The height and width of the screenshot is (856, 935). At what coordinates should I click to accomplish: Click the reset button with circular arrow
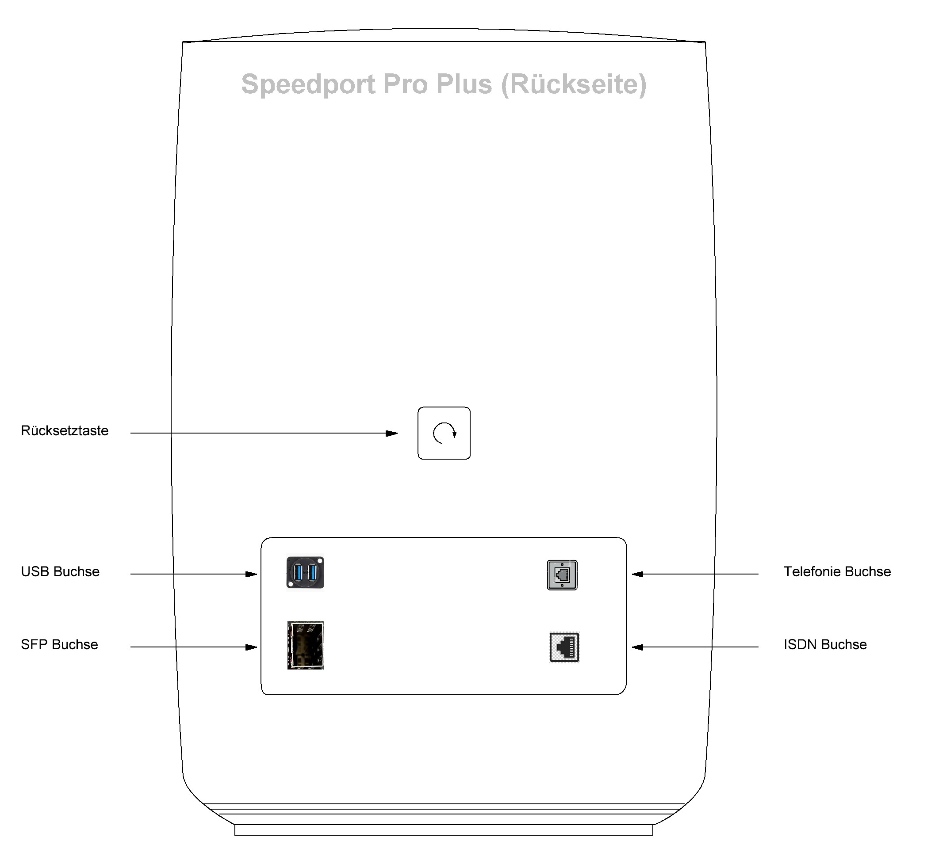click(444, 433)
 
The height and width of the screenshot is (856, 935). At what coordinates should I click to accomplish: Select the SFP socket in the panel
click(305, 645)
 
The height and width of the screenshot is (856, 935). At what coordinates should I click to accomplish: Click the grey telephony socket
click(562, 574)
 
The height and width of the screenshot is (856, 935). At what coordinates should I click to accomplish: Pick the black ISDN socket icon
click(564, 647)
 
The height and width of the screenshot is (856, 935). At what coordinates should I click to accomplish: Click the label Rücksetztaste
click(65, 430)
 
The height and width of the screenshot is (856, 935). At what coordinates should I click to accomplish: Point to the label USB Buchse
click(60, 571)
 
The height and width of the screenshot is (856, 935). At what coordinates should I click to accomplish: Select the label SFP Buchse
click(59, 644)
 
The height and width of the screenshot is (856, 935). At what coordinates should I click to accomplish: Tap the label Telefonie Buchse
click(837, 571)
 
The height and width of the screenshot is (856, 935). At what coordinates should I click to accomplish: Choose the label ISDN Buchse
click(825, 644)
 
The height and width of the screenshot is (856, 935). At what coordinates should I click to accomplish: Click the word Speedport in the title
click(308, 84)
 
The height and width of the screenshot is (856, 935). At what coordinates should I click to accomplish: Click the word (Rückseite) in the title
click(574, 84)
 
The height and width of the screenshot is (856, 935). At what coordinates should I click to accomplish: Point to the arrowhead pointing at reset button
click(392, 434)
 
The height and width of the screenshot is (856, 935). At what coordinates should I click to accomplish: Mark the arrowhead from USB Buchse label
click(251, 574)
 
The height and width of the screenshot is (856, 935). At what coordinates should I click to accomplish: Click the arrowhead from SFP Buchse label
click(251, 647)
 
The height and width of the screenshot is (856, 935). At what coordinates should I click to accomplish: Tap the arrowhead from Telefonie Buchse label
click(637, 574)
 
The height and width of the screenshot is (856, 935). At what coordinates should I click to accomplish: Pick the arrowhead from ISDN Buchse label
click(637, 647)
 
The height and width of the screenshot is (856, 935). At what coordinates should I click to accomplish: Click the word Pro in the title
click(405, 84)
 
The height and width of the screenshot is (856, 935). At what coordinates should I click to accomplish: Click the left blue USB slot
click(298, 572)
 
